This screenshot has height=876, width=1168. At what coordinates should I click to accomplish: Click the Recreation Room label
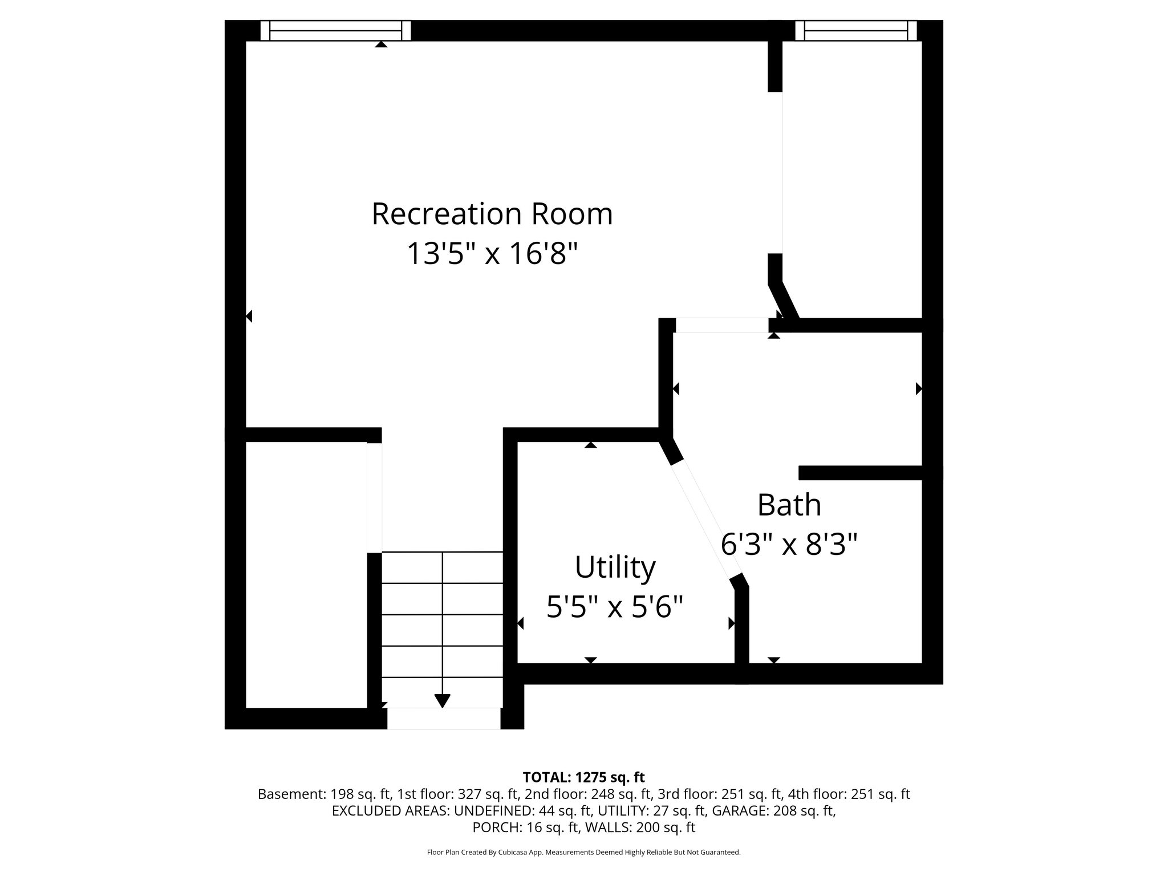[492, 214]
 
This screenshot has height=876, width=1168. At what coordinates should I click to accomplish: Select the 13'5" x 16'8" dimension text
[492, 253]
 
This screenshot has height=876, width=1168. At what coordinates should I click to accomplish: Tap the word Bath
[789, 505]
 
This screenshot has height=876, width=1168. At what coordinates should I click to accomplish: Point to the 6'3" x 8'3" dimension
[789, 544]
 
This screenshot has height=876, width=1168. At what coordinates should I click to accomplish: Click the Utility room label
[615, 567]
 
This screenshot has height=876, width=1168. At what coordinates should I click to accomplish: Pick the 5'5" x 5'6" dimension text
[615, 606]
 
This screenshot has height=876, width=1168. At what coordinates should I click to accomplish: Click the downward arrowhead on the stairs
[443, 700]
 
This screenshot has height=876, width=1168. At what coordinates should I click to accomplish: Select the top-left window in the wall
[335, 30]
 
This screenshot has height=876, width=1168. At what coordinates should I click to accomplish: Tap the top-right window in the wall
[855, 30]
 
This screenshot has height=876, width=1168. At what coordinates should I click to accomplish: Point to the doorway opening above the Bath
[722, 325]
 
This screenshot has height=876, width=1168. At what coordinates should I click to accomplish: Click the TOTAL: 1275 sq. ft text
[583, 777]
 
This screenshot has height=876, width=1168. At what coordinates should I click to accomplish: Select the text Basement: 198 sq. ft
[323, 794]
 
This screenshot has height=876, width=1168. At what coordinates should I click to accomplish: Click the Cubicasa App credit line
[583, 853]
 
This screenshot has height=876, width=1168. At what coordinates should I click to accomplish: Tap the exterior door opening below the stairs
[444, 719]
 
